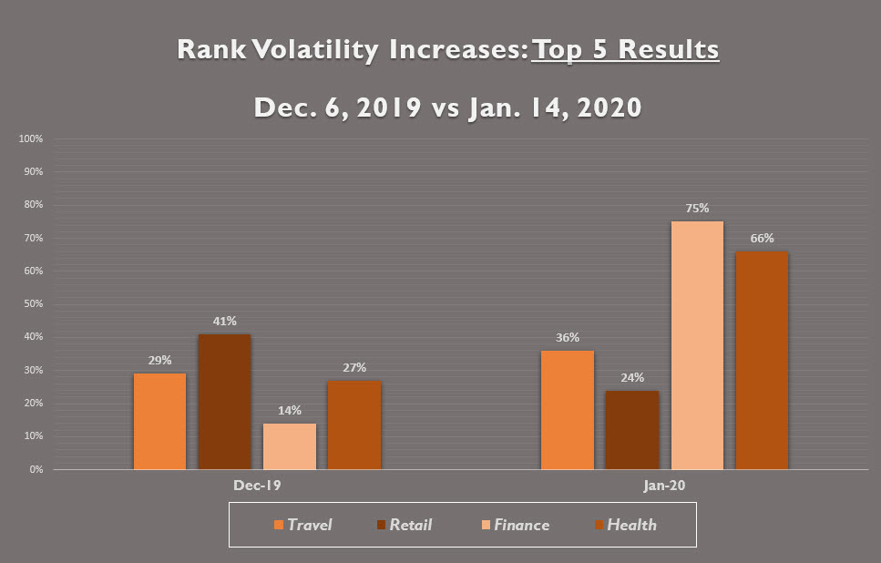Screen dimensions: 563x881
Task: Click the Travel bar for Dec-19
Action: [x=159, y=421]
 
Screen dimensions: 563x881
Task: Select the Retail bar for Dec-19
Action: [x=224, y=402]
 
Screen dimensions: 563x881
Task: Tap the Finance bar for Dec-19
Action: [x=290, y=446]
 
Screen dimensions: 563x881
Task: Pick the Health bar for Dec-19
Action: [x=354, y=425]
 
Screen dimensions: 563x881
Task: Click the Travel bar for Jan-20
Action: [x=567, y=410]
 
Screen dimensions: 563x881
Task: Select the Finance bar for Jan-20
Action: [x=697, y=345]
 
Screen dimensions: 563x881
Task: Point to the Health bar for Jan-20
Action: [x=762, y=360]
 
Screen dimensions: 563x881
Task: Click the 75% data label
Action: [x=697, y=208]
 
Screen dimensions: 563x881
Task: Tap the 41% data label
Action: [x=225, y=321]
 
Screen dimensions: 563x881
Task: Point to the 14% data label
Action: [x=290, y=410]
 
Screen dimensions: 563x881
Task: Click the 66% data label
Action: [x=762, y=238]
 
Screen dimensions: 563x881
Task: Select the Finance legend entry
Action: [x=516, y=525]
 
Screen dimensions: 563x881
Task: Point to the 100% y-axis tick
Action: [x=31, y=138]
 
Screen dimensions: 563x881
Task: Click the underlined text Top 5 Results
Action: [x=625, y=49]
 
